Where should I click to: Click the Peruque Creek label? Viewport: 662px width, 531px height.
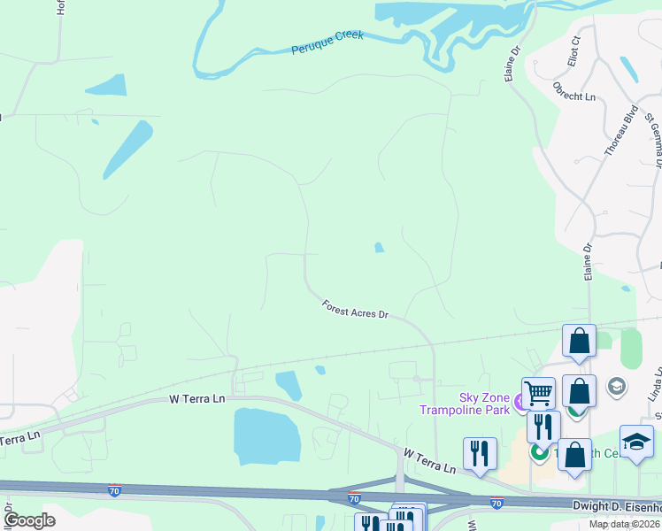tap(327, 43)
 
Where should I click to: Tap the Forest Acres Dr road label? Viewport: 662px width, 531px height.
tap(355, 308)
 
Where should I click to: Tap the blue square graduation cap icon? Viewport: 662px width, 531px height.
tap(636, 441)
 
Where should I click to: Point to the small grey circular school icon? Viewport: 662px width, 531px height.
tap(616, 386)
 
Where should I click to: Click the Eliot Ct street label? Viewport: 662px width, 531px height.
tap(573, 50)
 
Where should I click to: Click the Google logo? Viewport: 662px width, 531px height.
tap(29, 520)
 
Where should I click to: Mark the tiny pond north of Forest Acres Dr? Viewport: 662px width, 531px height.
tap(379, 248)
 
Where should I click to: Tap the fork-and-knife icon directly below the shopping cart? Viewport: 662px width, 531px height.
tap(543, 426)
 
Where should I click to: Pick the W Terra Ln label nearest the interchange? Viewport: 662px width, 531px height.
tap(429, 459)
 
